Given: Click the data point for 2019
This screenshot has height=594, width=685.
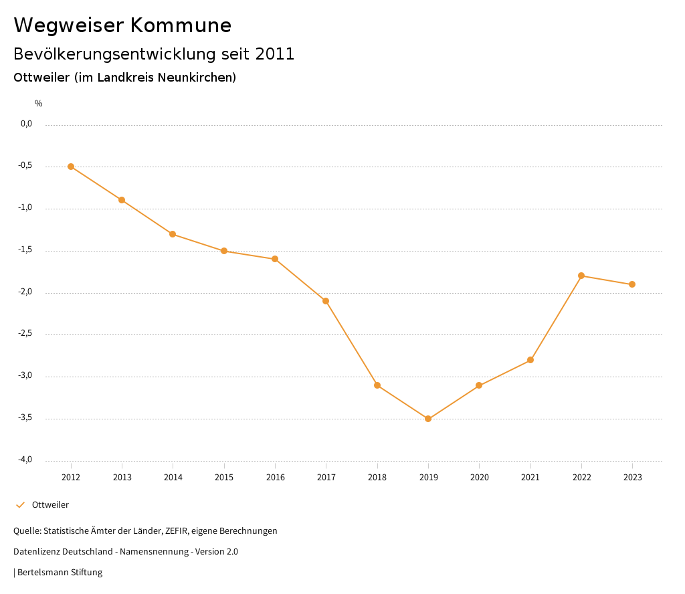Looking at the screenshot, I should (428, 419).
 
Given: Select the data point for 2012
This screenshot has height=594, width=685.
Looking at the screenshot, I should (71, 167).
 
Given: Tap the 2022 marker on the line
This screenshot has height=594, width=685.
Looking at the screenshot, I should (581, 276).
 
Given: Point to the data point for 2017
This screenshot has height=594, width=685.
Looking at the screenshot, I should (326, 301).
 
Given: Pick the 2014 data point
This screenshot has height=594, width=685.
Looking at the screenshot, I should (173, 234).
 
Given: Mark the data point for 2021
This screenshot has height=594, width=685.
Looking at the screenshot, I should (530, 360).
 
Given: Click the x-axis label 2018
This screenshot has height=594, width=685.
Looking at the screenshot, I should (377, 478).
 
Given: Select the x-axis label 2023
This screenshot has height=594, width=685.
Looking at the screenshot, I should (632, 478).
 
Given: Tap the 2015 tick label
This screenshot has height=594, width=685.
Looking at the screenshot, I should (224, 478).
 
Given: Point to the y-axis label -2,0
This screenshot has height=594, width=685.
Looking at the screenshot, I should (26, 292).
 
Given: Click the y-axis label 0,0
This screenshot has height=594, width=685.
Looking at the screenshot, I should (27, 124).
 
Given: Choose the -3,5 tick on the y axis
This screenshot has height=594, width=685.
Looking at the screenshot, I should (26, 418).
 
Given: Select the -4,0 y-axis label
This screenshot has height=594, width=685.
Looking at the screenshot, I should (26, 460).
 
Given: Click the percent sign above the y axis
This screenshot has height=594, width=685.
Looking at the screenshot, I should (39, 104).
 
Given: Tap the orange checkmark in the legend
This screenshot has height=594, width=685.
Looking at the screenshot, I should (20, 505).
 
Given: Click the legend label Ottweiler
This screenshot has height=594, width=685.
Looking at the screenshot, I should (50, 505).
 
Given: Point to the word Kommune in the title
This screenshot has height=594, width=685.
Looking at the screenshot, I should (181, 25).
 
